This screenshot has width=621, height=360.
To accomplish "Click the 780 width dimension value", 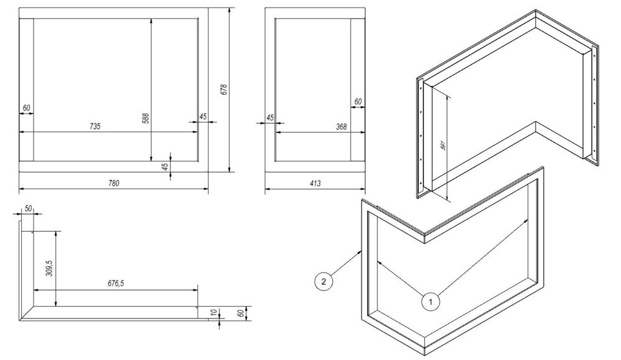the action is click(114, 183).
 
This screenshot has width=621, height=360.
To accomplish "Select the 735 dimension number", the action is click(95, 127).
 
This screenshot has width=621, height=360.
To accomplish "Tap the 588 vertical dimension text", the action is click(145, 119).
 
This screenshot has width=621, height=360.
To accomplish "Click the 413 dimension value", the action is click(315, 183).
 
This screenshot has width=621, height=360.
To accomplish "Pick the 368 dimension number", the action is click(341, 127).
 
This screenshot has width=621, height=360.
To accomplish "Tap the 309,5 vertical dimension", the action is click(49, 269).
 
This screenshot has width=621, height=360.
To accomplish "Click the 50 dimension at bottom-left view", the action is click(29, 209).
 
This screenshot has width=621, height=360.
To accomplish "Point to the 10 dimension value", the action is click(214, 313).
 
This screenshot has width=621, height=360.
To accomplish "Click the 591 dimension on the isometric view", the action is click(443, 145).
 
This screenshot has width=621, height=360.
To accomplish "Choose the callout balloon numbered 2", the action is click(324, 282).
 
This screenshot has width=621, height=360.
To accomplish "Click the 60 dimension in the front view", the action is click(27, 108).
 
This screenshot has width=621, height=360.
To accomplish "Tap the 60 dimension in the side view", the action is click(358, 102).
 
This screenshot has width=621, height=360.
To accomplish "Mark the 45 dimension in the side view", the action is click(270, 118).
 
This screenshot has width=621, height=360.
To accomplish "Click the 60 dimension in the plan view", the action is click(240, 313).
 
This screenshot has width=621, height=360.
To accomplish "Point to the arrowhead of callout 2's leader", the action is click(361, 251).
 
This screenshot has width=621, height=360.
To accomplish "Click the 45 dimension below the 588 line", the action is click(166, 166).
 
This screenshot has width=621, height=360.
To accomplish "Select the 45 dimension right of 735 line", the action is click(203, 117).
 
